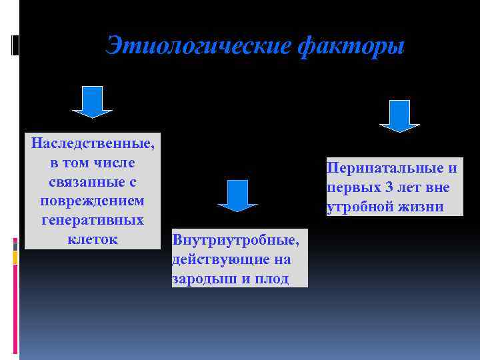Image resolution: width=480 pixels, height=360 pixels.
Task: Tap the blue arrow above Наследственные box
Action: pyautogui.click(x=91, y=102)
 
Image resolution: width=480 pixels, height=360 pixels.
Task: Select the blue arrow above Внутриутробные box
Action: pyautogui.click(x=237, y=195)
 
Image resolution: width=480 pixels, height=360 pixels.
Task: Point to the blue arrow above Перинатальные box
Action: pyautogui.click(x=399, y=115)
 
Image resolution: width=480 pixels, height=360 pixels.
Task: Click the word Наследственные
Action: pyautogui.click(x=92, y=143)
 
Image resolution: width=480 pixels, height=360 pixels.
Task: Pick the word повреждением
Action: pyautogui.click(x=92, y=201)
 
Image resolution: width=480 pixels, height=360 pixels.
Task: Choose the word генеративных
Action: pyautogui.click(x=92, y=219)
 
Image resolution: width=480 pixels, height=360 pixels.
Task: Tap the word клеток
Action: pyautogui.click(x=92, y=239)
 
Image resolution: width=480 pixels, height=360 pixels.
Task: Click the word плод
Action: pyautogui.click(x=273, y=278)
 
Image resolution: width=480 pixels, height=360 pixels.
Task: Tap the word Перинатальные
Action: pyautogui.click(x=386, y=168)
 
